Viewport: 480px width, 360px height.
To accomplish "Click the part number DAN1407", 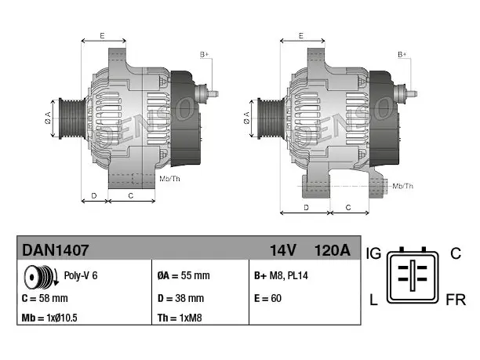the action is click(56, 250).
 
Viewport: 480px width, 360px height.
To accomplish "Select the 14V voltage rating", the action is click(283, 250).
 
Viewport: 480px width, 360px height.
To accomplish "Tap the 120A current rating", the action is click(333, 250).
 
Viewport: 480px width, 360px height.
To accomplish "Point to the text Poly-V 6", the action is click(81, 275).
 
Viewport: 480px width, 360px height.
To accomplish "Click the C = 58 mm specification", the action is click(45, 298).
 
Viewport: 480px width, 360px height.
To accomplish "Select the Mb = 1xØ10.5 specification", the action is click(49, 318).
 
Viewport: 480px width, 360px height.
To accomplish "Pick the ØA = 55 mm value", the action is click(184, 275).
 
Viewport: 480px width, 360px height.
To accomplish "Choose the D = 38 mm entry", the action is click(180, 298).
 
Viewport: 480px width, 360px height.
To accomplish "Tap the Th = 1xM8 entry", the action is click(180, 318).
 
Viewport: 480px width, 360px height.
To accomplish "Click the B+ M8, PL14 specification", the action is click(281, 275).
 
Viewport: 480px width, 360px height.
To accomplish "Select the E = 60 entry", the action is click(267, 298).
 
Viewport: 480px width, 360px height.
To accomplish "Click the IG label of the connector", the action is click(373, 253).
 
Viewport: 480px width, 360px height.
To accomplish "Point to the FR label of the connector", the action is click(456, 300).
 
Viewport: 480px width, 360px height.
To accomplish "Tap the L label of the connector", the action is click(373, 300).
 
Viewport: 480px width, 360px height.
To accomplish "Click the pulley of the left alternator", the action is click(72, 118).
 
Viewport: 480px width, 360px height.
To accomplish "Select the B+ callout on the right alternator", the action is click(402, 54).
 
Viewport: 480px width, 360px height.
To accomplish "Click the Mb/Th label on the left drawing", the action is click(169, 179).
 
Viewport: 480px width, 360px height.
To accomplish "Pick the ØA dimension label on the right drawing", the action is click(247, 118).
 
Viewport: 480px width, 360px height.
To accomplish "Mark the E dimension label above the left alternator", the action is click(102, 36).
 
